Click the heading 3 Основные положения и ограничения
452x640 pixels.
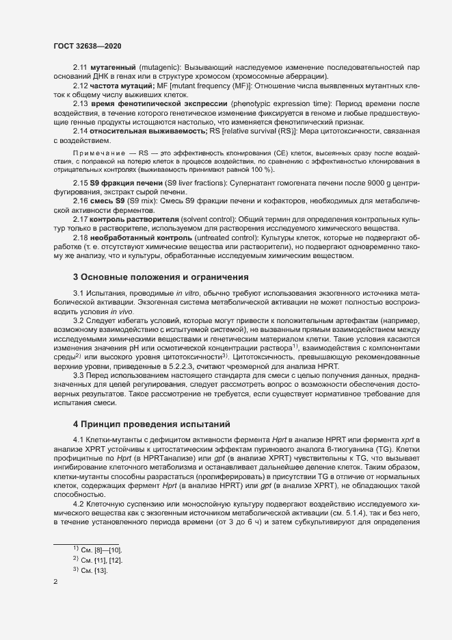click(x=160, y=277)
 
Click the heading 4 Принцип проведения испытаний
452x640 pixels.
click(x=146, y=422)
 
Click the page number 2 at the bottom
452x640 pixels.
click(x=55, y=583)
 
